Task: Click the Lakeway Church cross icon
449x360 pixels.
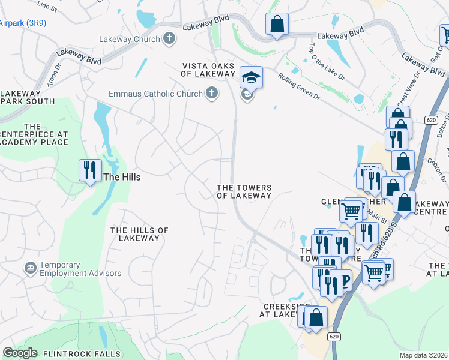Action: [169, 39]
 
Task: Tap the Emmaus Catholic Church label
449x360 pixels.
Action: [155, 94]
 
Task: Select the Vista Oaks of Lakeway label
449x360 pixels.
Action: [208, 69]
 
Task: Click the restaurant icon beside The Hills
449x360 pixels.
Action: [89, 170]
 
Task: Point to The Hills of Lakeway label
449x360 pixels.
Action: [139, 234]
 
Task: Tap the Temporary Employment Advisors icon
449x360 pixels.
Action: [29, 268]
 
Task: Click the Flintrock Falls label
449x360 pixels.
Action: [82, 354]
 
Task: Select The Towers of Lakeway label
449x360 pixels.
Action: [244, 191]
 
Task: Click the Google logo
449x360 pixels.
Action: [19, 353]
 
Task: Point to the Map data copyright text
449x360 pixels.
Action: [424, 355]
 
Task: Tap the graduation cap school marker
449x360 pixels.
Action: [251, 77]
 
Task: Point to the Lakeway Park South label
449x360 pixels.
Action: [23, 98]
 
